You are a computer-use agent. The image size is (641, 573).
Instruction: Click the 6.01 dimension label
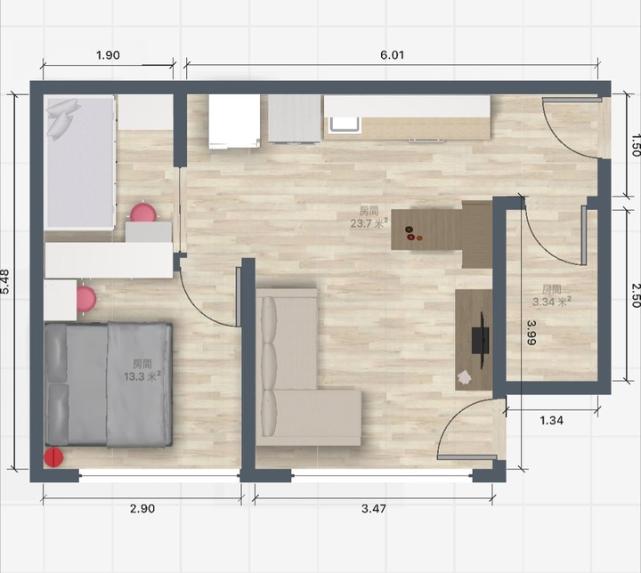coord(392,55)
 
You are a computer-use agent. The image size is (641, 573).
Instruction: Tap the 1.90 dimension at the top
coord(108,55)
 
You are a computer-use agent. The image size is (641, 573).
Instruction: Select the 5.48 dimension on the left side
coord(5,281)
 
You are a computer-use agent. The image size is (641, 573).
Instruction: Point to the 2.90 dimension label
coord(142,508)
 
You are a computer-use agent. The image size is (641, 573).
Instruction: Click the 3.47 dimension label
coord(374,508)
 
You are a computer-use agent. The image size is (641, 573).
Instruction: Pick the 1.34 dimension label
coord(551,420)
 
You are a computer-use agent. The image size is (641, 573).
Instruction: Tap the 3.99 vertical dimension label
coord(531,332)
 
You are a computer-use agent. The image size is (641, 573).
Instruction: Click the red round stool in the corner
coord(53,457)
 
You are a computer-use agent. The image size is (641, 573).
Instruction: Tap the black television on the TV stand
coord(481,340)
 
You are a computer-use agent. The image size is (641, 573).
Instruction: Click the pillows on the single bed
coord(62,118)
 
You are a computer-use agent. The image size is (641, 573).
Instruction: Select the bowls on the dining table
coord(413,234)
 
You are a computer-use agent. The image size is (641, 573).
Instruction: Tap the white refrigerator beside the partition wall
coord(234,121)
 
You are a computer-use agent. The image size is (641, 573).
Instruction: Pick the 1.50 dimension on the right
coord(635,145)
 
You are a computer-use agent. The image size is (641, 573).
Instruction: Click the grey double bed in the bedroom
coord(108,383)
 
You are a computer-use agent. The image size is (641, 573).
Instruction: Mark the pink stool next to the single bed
coord(143,212)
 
